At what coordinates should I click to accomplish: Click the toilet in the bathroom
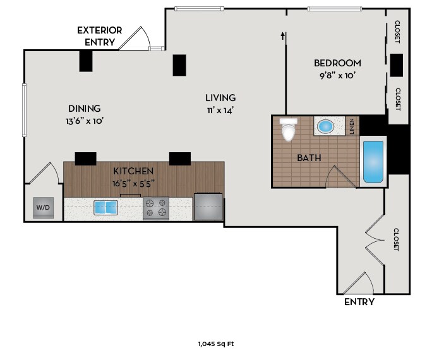click(x=288, y=129)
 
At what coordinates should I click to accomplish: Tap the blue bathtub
click(x=373, y=162)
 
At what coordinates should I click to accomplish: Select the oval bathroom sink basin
click(x=325, y=127)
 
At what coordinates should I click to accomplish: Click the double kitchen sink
click(x=106, y=207)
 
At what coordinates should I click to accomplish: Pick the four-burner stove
click(x=156, y=208)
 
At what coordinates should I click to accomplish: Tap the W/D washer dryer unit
click(x=43, y=208)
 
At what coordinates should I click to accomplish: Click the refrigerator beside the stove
click(x=208, y=207)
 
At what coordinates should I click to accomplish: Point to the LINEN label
click(x=352, y=126)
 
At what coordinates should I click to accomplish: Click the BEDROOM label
click(x=337, y=63)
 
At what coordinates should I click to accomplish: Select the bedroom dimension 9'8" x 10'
click(x=337, y=75)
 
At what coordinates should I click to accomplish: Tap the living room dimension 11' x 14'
click(x=220, y=111)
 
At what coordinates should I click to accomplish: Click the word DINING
click(x=84, y=109)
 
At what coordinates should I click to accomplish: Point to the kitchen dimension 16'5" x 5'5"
click(x=133, y=183)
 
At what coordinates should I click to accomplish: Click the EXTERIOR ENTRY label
click(x=99, y=36)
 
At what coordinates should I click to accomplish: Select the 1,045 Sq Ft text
click(x=216, y=344)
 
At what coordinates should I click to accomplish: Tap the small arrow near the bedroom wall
click(x=282, y=36)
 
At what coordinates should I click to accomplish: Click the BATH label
click(x=309, y=158)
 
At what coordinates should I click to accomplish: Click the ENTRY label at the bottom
click(x=359, y=302)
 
